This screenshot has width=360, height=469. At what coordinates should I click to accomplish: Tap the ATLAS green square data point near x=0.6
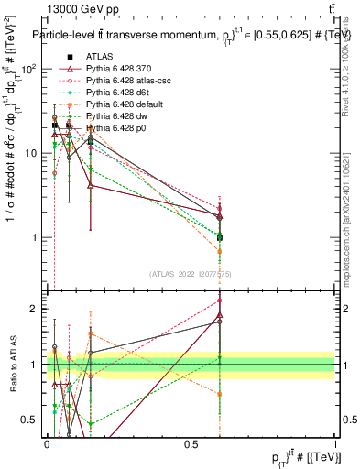tap(219, 237)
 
